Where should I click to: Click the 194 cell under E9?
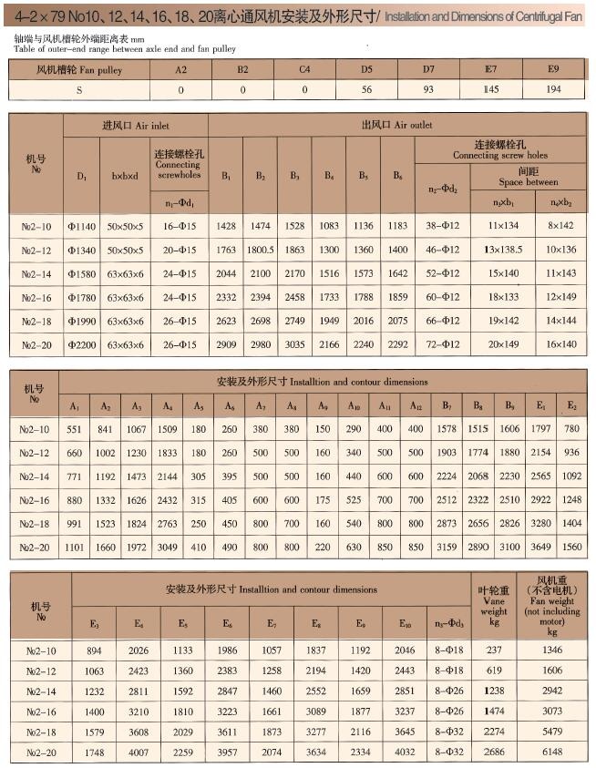coord(552,90)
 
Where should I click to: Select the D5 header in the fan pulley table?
coord(366,69)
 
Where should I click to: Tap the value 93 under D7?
coord(428,90)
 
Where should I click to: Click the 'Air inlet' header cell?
coord(136,125)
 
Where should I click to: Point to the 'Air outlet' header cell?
coord(399,125)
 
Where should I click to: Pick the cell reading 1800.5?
coord(261,249)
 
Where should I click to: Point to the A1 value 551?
coord(74,429)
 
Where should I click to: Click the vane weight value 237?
coord(494,650)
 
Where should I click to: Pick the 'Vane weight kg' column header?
coord(494,606)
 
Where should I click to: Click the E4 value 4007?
coord(139,752)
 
